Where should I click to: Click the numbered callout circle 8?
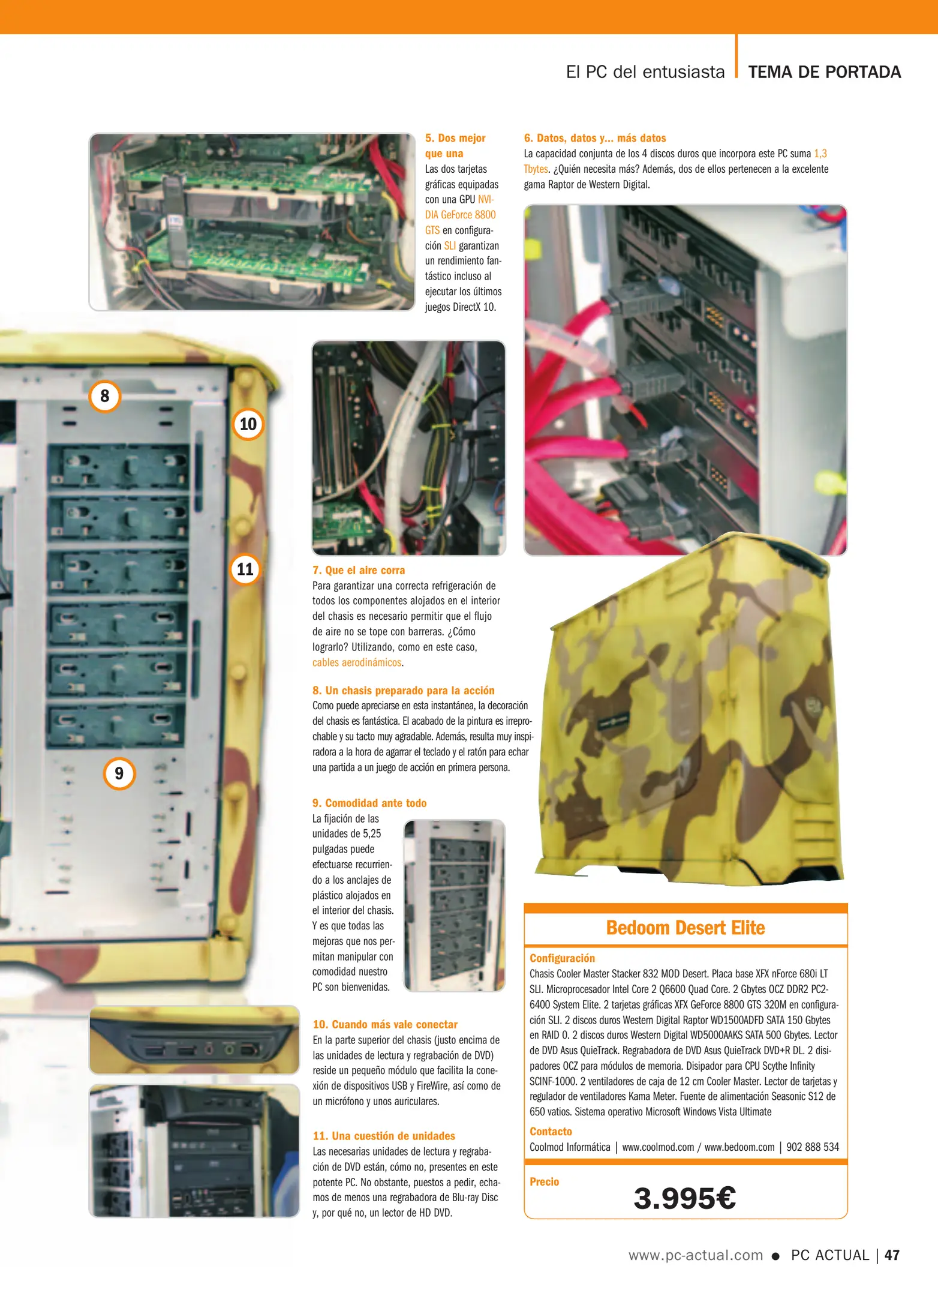tap(105, 396)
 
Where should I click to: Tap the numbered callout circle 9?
tap(119, 773)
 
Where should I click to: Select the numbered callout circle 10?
tap(248, 424)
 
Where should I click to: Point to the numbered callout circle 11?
tap(245, 569)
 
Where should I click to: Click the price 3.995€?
tap(684, 1198)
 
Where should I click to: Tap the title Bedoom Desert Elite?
tap(686, 928)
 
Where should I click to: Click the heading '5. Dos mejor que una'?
tap(455, 146)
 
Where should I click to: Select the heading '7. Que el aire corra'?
tap(359, 570)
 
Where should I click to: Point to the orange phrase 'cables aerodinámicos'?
tap(357, 662)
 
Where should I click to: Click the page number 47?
tap(892, 1255)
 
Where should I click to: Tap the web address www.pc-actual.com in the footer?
tap(696, 1255)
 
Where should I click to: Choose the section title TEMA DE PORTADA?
tap(825, 72)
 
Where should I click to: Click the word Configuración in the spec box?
tap(562, 958)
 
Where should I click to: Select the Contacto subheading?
tap(551, 1132)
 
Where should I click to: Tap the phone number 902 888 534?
tap(813, 1147)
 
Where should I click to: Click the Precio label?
tap(544, 1182)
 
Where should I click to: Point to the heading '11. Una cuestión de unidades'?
tap(384, 1136)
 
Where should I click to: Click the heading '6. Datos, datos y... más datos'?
tap(595, 138)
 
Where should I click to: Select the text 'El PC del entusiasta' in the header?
tap(645, 72)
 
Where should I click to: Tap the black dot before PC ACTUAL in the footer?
tap(775, 1256)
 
